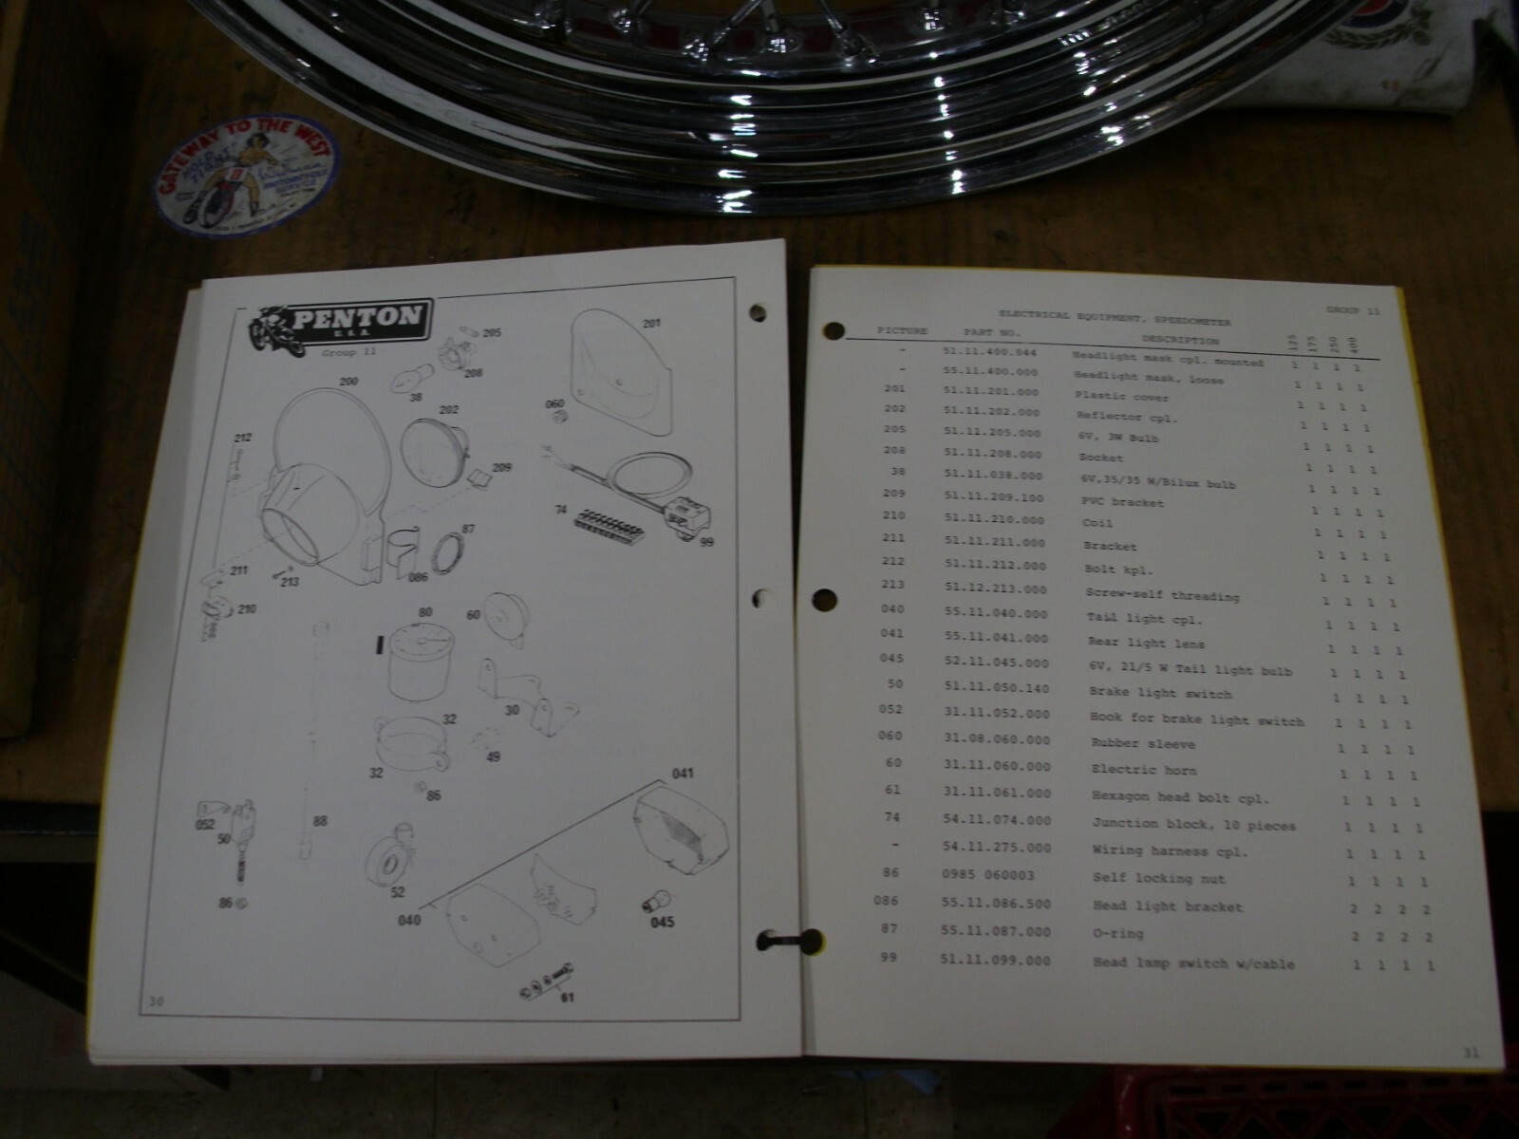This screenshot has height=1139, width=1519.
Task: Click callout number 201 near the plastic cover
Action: (x=651, y=324)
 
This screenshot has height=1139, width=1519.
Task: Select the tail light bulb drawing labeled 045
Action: (x=656, y=899)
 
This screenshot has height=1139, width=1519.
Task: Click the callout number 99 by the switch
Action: (x=706, y=542)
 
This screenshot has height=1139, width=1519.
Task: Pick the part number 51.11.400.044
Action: (x=989, y=352)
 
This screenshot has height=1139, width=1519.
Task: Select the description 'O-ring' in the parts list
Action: (x=1118, y=934)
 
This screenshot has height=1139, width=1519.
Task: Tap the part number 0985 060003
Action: (x=987, y=875)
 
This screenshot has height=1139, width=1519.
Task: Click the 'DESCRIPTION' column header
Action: (x=1180, y=340)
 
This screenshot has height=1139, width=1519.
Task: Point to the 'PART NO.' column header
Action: (x=991, y=333)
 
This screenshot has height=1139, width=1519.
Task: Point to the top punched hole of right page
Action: (x=834, y=332)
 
